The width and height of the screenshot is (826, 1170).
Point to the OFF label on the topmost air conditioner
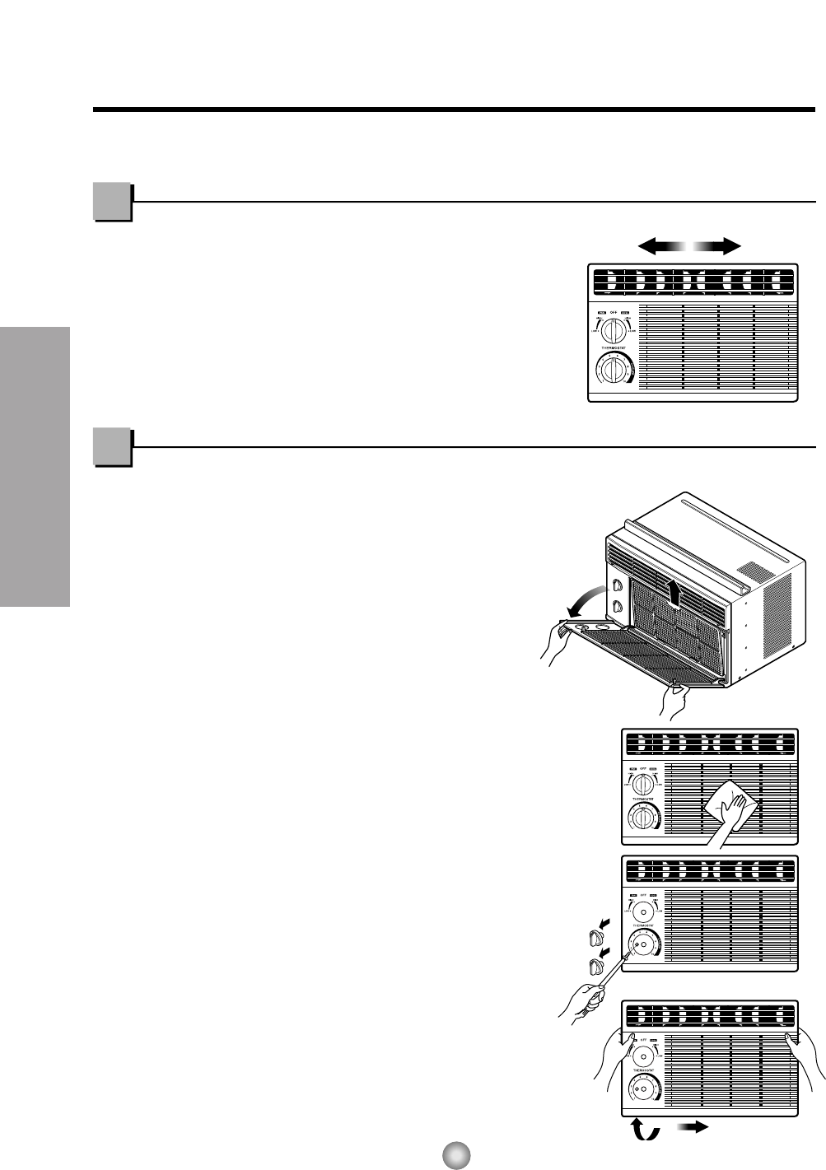614,313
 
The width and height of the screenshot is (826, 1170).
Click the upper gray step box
112,203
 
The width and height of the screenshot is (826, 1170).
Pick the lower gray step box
112,448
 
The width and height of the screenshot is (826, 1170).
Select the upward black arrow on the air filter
674,592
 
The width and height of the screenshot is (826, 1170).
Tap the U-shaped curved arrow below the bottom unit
645,1129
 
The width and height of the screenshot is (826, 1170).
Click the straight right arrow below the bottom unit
693,1128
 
